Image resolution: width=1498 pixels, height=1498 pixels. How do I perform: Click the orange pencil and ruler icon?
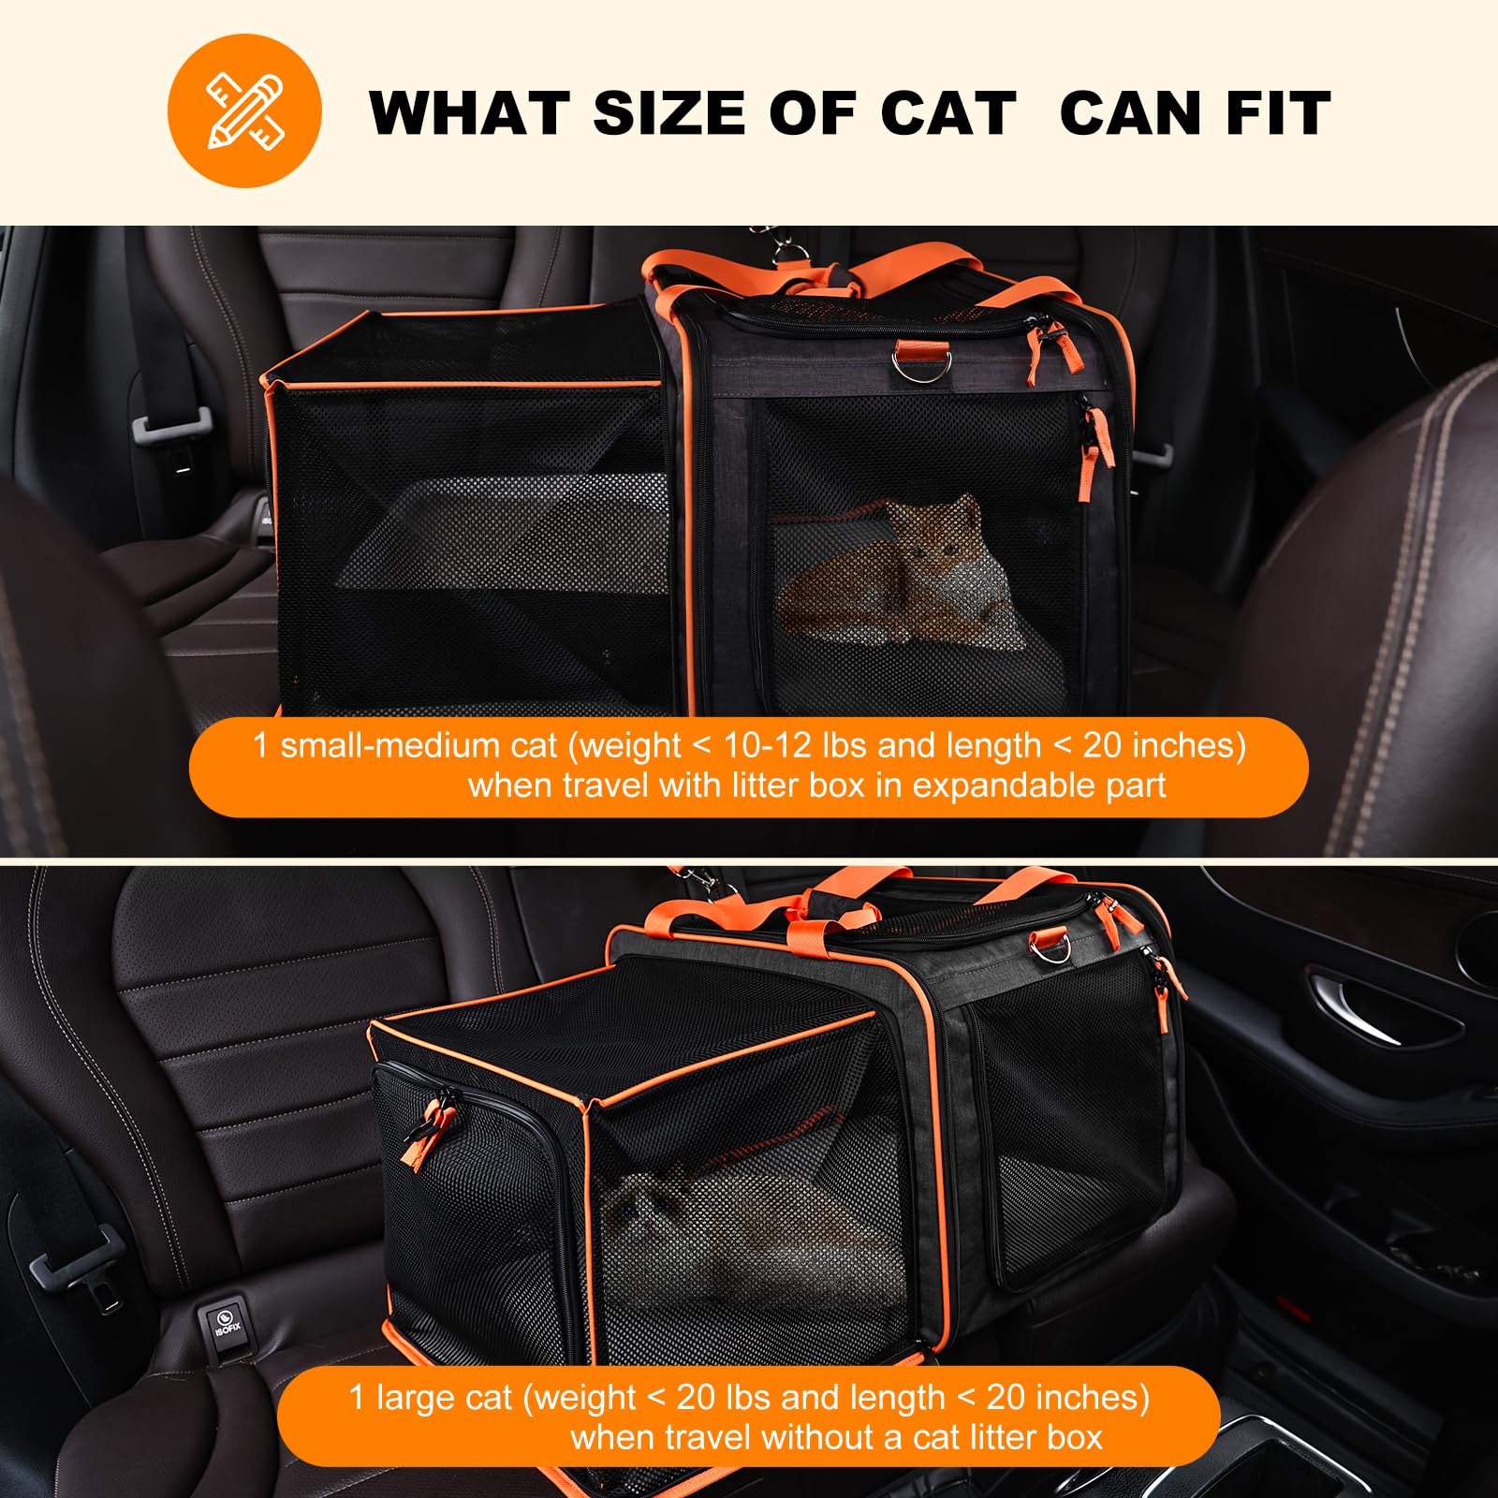point(244,110)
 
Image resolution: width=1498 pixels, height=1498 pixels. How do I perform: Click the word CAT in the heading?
point(947,113)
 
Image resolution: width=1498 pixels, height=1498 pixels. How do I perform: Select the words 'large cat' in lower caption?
point(444,1397)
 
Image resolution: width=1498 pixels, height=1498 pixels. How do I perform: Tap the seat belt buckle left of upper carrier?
point(169,428)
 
